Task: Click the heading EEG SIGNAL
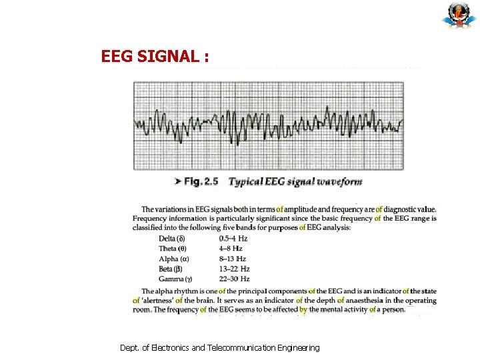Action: click(x=155, y=57)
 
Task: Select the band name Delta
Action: click(x=172, y=239)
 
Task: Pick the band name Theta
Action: click(x=173, y=249)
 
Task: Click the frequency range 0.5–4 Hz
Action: click(x=233, y=239)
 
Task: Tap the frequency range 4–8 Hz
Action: click(x=231, y=249)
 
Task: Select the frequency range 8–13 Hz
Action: click(x=233, y=259)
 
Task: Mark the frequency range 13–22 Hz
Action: click(x=234, y=269)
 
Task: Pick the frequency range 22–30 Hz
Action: click(x=235, y=279)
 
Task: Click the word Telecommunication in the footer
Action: click(x=246, y=348)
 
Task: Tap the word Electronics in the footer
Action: click(x=170, y=348)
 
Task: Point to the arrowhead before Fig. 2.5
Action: click(x=178, y=182)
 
